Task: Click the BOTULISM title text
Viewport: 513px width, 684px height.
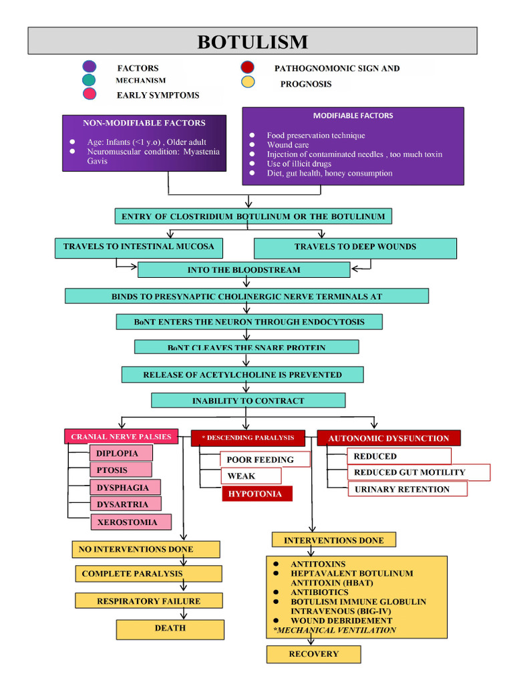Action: (252, 42)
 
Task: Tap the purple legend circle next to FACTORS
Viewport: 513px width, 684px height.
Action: (89, 67)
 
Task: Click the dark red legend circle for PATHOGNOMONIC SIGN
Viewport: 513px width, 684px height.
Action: (247, 67)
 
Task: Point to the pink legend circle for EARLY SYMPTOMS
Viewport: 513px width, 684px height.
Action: (89, 94)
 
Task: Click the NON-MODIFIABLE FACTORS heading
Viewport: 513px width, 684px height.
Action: (144, 123)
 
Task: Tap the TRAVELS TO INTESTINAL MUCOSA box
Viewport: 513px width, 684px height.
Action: (139, 247)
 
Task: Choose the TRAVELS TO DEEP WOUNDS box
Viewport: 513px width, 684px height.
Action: (355, 248)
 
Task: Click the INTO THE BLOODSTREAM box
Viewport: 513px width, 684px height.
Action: (244, 270)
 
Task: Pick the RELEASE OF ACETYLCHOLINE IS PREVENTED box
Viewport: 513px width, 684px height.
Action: (242, 375)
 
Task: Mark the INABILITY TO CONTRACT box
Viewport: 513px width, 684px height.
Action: (248, 401)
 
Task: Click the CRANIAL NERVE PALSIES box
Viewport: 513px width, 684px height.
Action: (122, 437)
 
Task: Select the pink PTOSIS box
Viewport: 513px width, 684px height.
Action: (120, 470)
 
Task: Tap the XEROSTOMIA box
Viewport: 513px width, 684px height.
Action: (131, 522)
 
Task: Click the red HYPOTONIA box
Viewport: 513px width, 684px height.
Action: (256, 494)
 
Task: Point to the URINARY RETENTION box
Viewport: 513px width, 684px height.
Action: (407, 489)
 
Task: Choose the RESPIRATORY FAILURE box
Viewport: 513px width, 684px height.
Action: (148, 601)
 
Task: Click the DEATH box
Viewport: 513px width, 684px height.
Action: (170, 629)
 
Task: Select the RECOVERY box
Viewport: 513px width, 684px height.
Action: (313, 654)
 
